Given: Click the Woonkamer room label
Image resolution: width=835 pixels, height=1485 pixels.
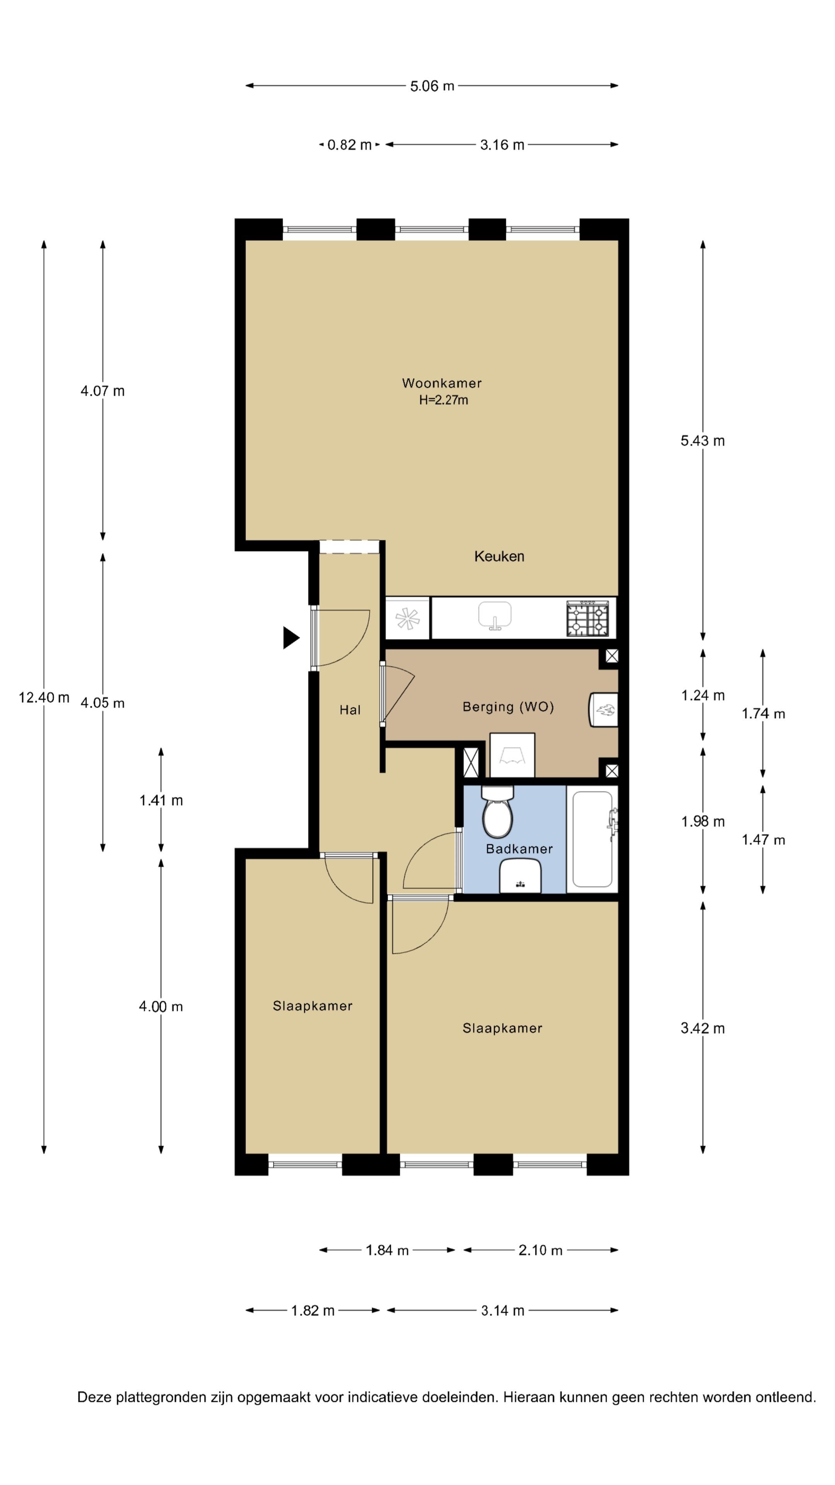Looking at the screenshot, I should [441, 383].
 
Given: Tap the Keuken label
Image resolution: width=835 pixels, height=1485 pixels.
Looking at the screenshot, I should [499, 556].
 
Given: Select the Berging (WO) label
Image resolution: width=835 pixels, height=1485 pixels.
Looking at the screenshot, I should [508, 707].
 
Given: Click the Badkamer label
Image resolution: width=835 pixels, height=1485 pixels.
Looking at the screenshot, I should [519, 848].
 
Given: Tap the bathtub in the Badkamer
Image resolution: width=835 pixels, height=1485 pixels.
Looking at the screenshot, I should [592, 839].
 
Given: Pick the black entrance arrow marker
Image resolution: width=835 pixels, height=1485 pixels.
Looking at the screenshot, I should [290, 638].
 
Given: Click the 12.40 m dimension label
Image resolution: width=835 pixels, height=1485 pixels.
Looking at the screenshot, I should [44, 698].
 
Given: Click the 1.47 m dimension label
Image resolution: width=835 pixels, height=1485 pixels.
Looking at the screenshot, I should [762, 840].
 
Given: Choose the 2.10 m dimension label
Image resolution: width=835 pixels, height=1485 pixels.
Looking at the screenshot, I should [540, 1250].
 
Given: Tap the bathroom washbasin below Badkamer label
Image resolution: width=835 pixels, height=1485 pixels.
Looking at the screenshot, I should [520, 876].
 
